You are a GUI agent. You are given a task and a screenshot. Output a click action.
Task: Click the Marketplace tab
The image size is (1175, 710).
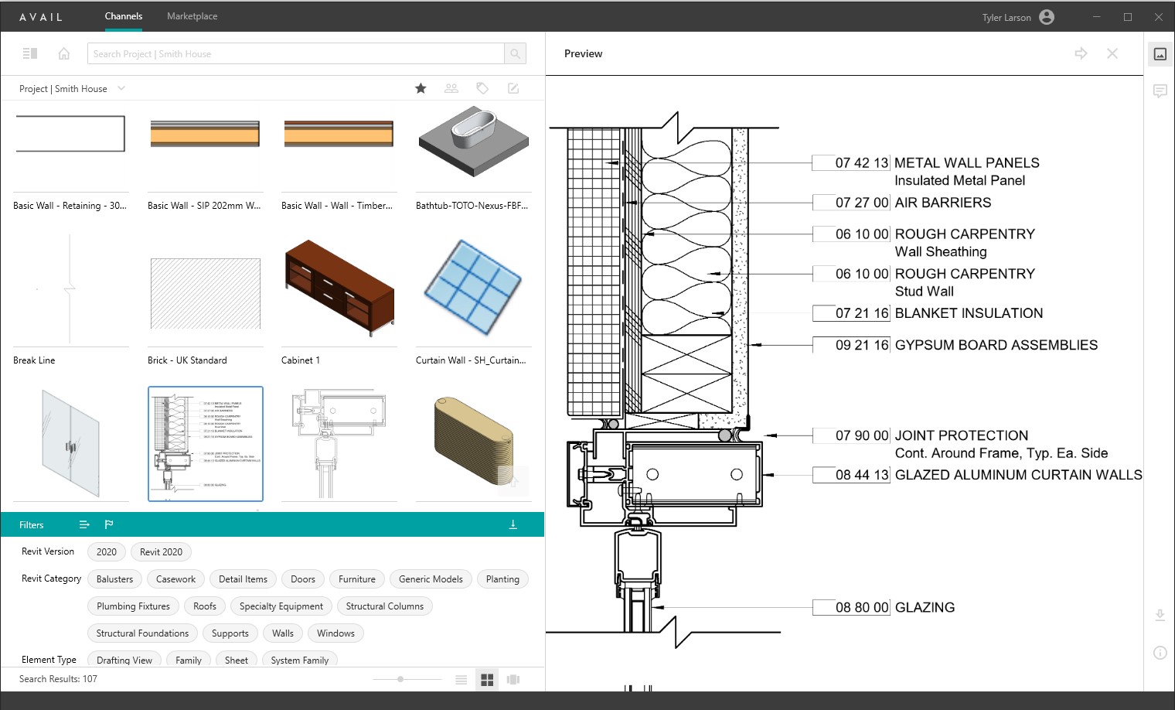point(192,16)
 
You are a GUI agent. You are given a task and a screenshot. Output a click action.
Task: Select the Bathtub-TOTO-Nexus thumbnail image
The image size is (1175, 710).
point(473,143)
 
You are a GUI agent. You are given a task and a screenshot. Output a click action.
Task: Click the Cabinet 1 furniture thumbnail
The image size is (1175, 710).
point(339,288)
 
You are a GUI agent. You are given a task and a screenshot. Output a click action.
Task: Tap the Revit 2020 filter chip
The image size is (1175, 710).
point(161,552)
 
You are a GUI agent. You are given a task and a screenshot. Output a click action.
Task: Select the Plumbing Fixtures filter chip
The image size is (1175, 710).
point(133,606)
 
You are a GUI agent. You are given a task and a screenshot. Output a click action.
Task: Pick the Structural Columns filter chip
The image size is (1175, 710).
point(384,606)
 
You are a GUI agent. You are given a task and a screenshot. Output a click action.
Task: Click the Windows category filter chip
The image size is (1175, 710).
point(335,633)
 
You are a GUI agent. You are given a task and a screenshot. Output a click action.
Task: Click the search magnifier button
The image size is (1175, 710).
point(515,54)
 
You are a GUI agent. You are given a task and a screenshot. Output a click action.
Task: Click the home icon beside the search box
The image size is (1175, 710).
point(64,54)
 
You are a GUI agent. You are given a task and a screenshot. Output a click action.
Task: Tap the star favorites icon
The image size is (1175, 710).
point(421,88)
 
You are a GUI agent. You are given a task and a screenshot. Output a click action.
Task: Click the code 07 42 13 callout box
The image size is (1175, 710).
point(852,163)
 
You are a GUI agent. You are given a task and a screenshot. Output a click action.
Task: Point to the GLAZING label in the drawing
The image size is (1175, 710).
point(925,608)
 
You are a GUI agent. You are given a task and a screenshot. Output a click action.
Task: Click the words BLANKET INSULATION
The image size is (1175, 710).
point(969,313)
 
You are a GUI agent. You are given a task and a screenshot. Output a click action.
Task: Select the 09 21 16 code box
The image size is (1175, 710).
point(852,345)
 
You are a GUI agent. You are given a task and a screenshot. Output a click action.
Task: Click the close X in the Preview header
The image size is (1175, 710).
point(1112,53)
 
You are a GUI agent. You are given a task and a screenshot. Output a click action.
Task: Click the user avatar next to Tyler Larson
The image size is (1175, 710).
point(1047,17)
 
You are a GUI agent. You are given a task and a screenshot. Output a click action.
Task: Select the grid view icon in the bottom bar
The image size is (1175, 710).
point(487,680)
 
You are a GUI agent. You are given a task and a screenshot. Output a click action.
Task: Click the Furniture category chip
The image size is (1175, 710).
point(356,579)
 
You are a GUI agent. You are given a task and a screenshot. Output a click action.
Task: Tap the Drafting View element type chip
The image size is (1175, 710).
point(124,660)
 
